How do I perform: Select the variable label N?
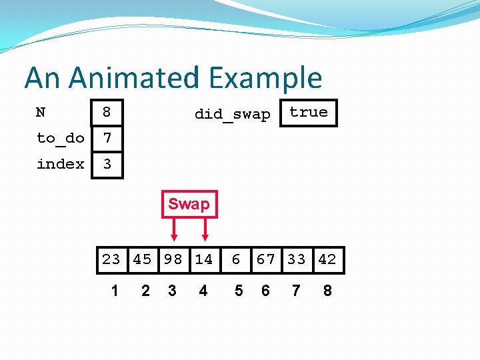tap(41, 112)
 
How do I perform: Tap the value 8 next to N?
tap(107, 113)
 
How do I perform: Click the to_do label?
tap(60, 138)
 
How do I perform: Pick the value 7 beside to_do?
tap(107, 139)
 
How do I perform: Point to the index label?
tap(60, 164)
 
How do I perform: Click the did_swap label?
tap(232, 114)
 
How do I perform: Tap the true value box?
tap(309, 113)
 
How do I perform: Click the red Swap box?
tap(189, 204)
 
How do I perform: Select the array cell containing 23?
tap(111, 259)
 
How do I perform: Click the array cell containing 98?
tap(173, 259)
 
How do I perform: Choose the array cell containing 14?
tap(203, 259)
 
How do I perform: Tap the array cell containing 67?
tap(265, 259)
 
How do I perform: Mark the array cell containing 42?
tap(327, 259)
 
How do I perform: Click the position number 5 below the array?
tap(239, 291)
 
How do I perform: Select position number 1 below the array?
tap(115, 291)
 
